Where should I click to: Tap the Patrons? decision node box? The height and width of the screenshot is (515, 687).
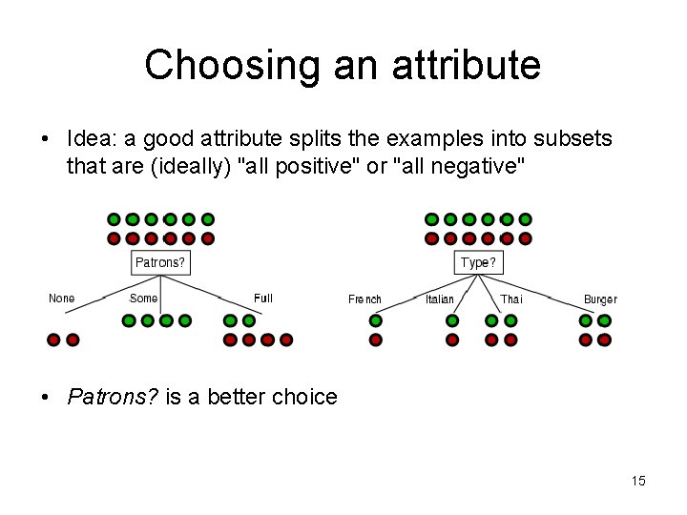pyautogui.click(x=159, y=262)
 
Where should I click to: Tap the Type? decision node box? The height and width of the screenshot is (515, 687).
pyautogui.click(x=478, y=262)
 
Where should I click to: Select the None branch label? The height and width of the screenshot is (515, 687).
pyautogui.click(x=62, y=299)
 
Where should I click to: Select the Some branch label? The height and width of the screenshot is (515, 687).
pyautogui.click(x=143, y=299)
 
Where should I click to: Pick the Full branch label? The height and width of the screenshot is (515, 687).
pyautogui.click(x=263, y=299)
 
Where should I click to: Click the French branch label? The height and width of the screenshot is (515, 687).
pyautogui.click(x=364, y=299)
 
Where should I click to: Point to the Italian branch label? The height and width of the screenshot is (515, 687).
pyautogui.click(x=440, y=299)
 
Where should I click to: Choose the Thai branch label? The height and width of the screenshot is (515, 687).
pyautogui.click(x=511, y=299)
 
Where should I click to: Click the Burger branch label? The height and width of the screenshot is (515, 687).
pyautogui.click(x=600, y=299)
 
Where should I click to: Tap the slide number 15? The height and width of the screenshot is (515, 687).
pyautogui.click(x=638, y=481)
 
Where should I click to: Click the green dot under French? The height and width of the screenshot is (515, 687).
pyautogui.click(x=376, y=321)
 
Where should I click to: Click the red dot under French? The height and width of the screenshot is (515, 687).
pyautogui.click(x=376, y=340)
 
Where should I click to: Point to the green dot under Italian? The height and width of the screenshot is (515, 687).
pyautogui.click(x=452, y=321)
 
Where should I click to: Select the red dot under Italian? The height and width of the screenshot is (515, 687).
pyautogui.click(x=452, y=340)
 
